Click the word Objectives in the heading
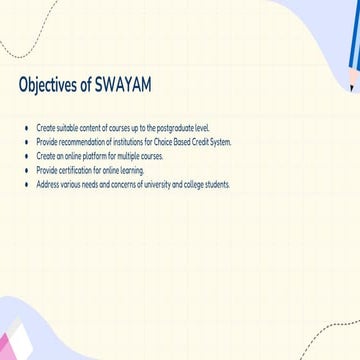(46, 87)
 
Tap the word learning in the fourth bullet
(131, 171)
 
